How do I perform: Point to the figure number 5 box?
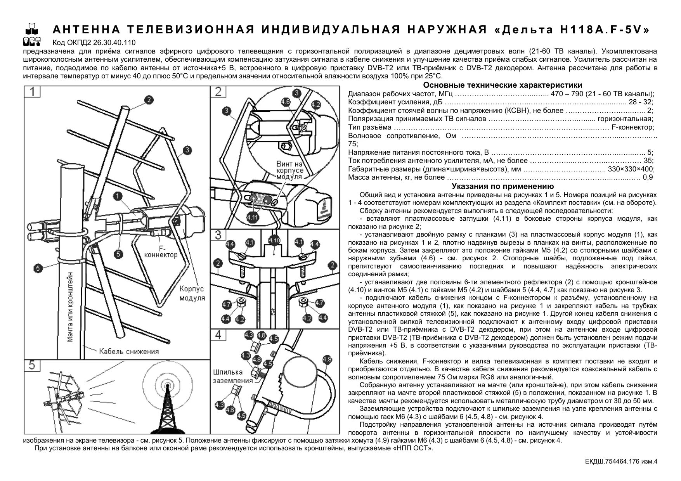32,365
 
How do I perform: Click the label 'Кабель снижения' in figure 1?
129,352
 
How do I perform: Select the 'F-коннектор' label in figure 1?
161,251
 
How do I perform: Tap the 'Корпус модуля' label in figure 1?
192,294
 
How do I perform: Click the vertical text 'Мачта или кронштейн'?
70,306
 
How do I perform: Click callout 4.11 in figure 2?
253,217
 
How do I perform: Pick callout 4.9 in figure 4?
327,359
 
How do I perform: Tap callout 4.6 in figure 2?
286,102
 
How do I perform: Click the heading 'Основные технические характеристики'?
503,85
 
